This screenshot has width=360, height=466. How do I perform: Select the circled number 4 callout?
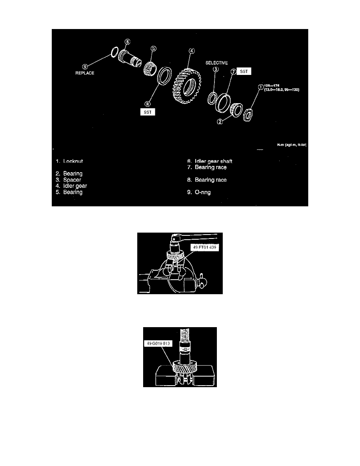point(192,51)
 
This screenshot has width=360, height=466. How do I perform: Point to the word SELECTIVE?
point(217,62)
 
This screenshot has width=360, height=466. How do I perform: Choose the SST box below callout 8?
point(147,112)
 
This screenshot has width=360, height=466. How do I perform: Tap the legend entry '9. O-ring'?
point(199,192)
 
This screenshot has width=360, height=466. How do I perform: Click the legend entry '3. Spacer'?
point(68,180)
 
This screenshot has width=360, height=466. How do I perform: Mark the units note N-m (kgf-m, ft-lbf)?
point(291,144)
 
